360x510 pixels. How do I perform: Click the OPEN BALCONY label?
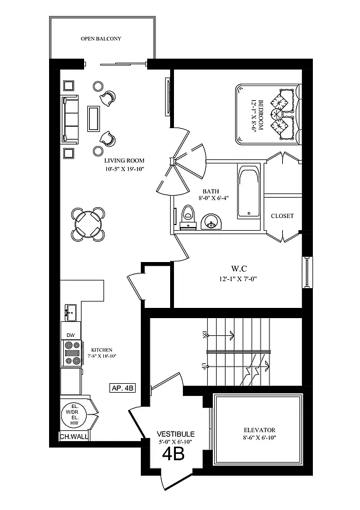101,39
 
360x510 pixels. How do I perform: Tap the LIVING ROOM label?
126,161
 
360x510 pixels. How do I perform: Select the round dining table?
88,224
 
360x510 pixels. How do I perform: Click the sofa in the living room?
70,119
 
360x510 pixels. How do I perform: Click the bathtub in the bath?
248,192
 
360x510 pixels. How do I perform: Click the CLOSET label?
282,216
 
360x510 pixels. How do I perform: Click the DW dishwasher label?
71,334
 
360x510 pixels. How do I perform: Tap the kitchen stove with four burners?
71,353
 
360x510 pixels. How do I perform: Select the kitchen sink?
71,312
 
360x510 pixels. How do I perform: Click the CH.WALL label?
74,437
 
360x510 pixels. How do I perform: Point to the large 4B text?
173,453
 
